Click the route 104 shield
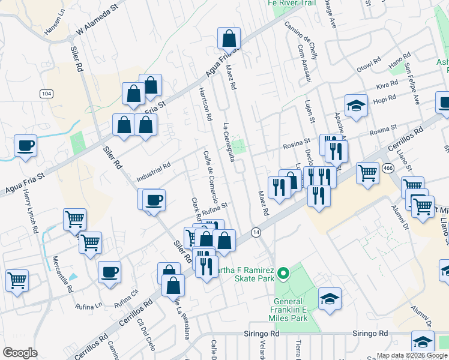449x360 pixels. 46,93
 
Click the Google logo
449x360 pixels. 20,353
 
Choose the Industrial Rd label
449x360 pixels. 154,172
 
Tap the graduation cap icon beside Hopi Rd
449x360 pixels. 356,106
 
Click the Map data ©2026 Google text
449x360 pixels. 412,355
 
